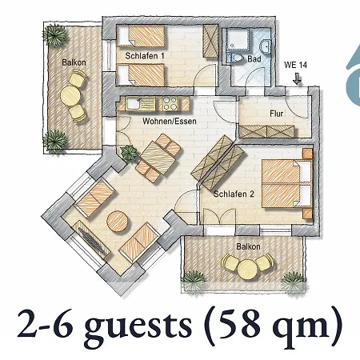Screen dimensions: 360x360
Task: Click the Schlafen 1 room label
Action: coord(145,56)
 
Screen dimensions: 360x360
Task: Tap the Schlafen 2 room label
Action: coord(234,194)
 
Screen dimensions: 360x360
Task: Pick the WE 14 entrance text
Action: coord(295,65)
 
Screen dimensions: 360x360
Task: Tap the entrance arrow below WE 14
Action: coord(298,78)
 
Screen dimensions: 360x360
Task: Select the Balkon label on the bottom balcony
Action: coord(248,246)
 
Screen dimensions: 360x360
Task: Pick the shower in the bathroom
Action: coord(237,40)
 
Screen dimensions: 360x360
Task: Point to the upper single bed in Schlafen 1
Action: coord(142,35)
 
